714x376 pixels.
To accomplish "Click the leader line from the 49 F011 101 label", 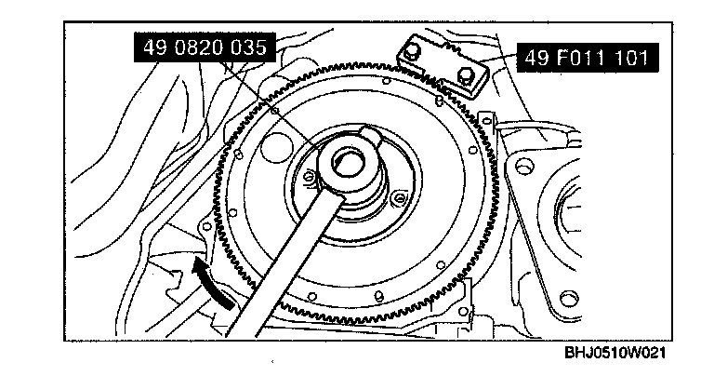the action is coord(501,62).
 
